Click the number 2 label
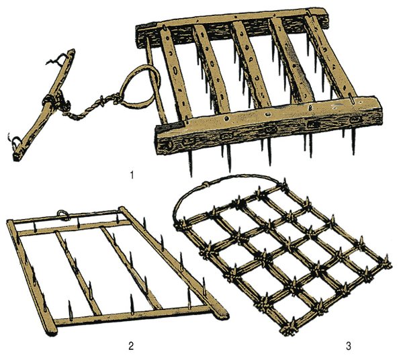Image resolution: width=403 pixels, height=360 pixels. point(131,346)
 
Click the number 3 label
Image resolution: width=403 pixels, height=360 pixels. point(348,346)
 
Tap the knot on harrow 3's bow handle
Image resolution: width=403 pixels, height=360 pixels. point(206,185)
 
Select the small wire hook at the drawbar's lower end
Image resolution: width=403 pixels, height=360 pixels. point(14,141)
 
